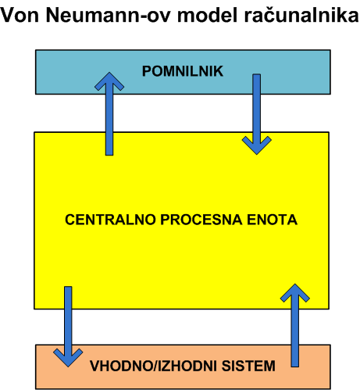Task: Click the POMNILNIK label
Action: pos(183,71)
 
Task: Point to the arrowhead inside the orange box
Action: pos(68,357)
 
